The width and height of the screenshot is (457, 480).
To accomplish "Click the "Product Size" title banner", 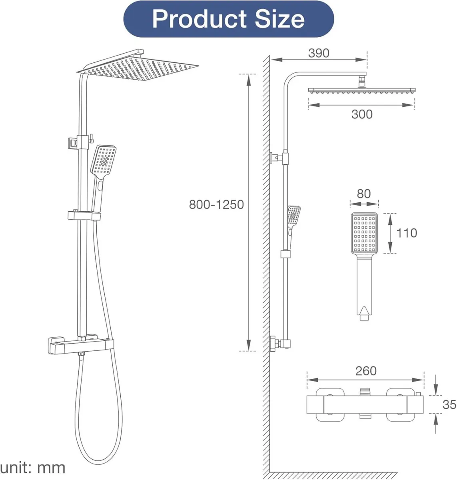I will click(x=228, y=19).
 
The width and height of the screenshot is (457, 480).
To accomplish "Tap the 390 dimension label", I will click(x=319, y=53).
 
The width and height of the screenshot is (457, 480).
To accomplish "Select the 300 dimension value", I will click(x=361, y=114).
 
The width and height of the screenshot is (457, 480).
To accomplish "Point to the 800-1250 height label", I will click(x=216, y=204).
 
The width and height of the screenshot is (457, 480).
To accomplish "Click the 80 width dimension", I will click(x=363, y=194).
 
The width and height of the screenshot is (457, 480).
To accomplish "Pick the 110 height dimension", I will click(x=406, y=233).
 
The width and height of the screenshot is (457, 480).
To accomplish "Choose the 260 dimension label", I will click(x=366, y=371).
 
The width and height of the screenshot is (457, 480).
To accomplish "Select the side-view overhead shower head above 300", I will click(x=361, y=90).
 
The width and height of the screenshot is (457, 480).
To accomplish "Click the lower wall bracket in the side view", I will click(x=280, y=343).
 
